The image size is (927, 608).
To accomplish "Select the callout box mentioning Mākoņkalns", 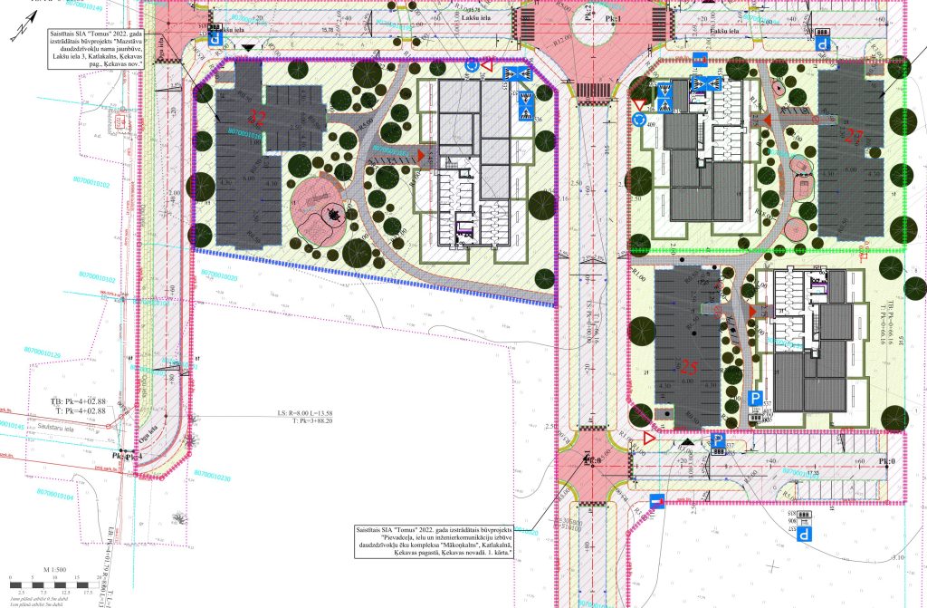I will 435,540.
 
